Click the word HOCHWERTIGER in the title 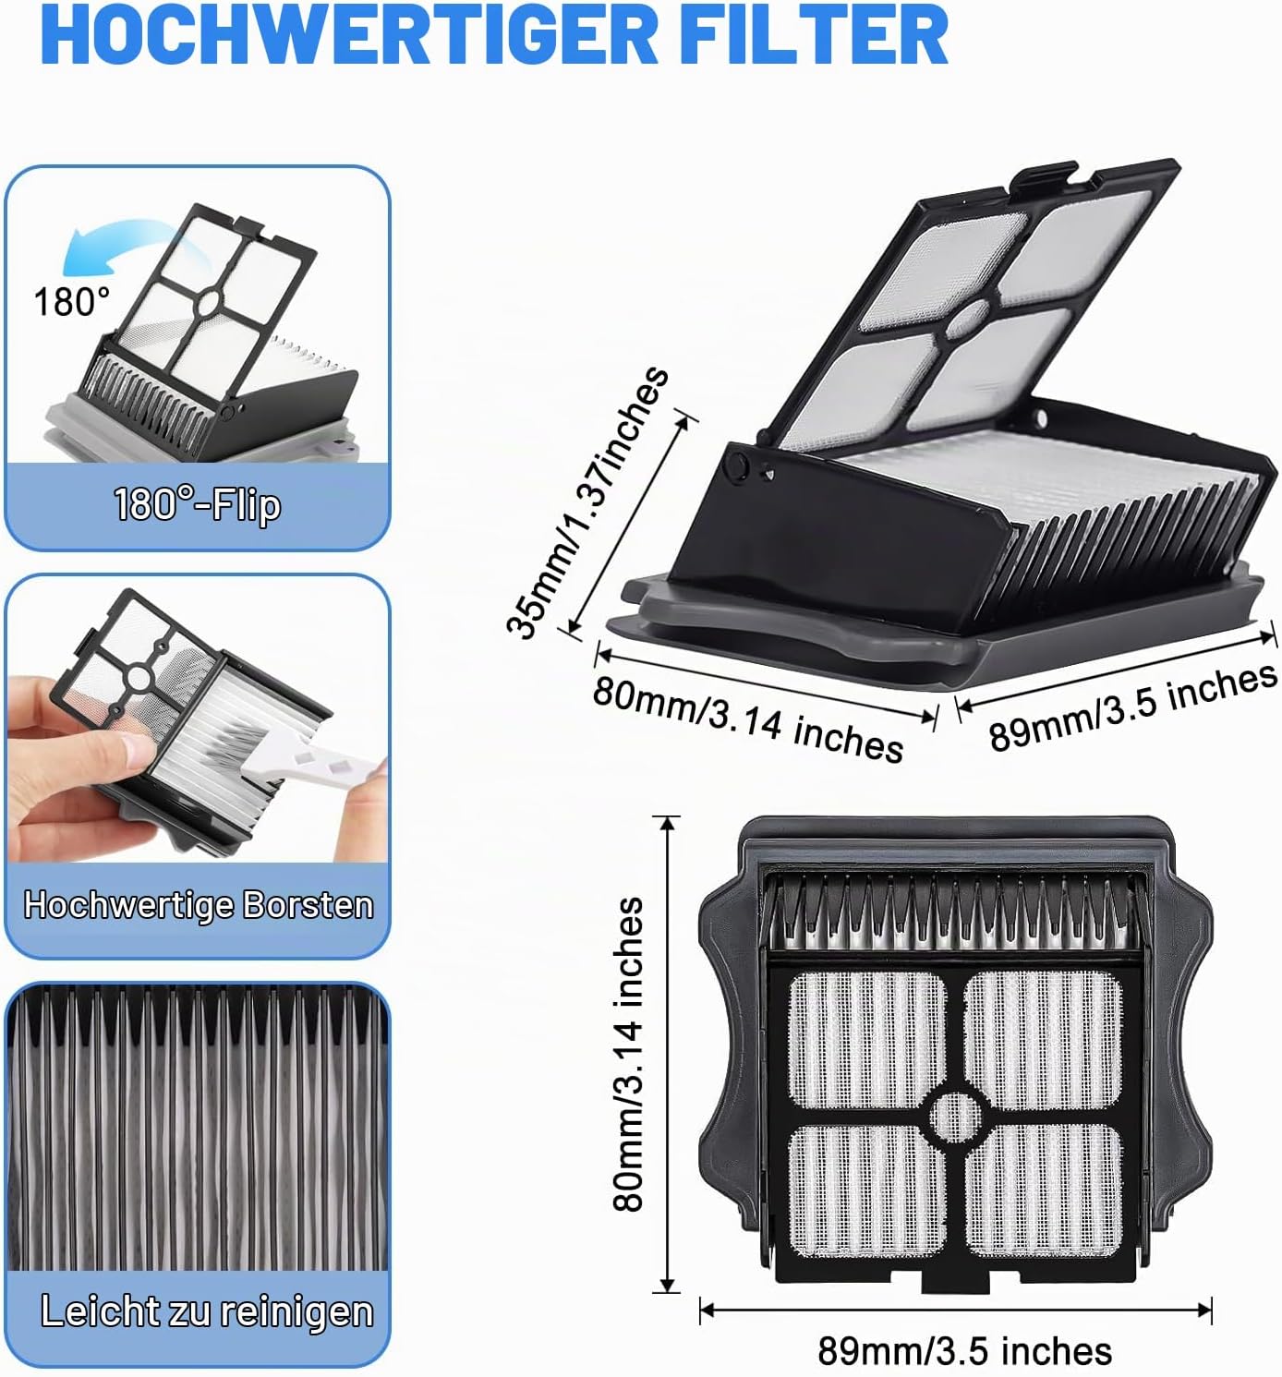[x=348, y=35]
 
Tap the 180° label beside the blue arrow [x=71, y=302]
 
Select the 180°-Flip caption [x=198, y=504]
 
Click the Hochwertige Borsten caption [x=199, y=905]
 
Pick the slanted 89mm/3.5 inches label [x=1132, y=707]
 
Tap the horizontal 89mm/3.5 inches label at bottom [x=964, y=1350]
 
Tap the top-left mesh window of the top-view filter [x=867, y=1039]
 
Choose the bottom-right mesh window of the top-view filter [x=1044, y=1192]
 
